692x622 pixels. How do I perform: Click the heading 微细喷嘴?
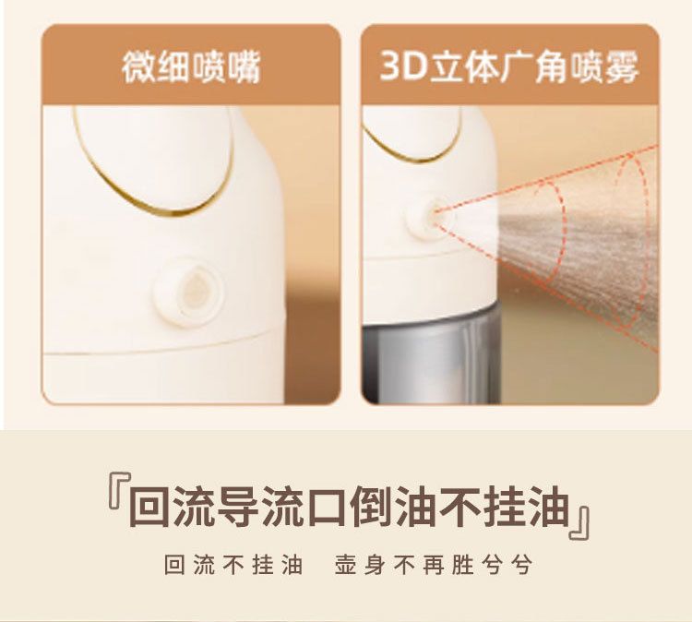tap(191, 67)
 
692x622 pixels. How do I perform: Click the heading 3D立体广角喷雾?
tap(508, 67)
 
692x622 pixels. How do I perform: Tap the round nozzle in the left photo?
tap(189, 291)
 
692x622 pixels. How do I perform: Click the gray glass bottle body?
tap(430, 353)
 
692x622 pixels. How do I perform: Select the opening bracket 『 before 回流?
tap(119, 493)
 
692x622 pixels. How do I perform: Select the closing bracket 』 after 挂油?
tap(579, 522)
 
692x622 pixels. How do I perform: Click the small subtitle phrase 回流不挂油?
tap(233, 565)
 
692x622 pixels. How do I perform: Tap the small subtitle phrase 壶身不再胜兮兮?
tap(434, 565)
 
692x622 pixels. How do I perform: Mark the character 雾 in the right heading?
tap(621, 67)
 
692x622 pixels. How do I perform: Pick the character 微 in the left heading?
tap(138, 67)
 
